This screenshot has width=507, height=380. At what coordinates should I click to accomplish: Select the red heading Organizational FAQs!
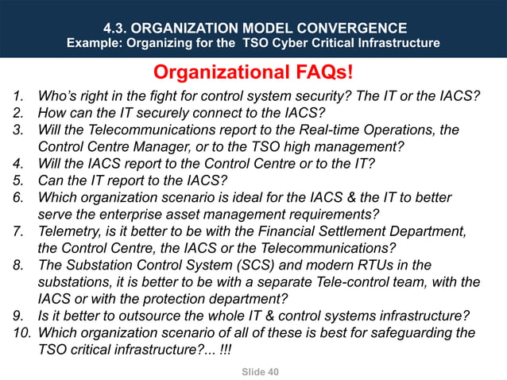tap(253, 73)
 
